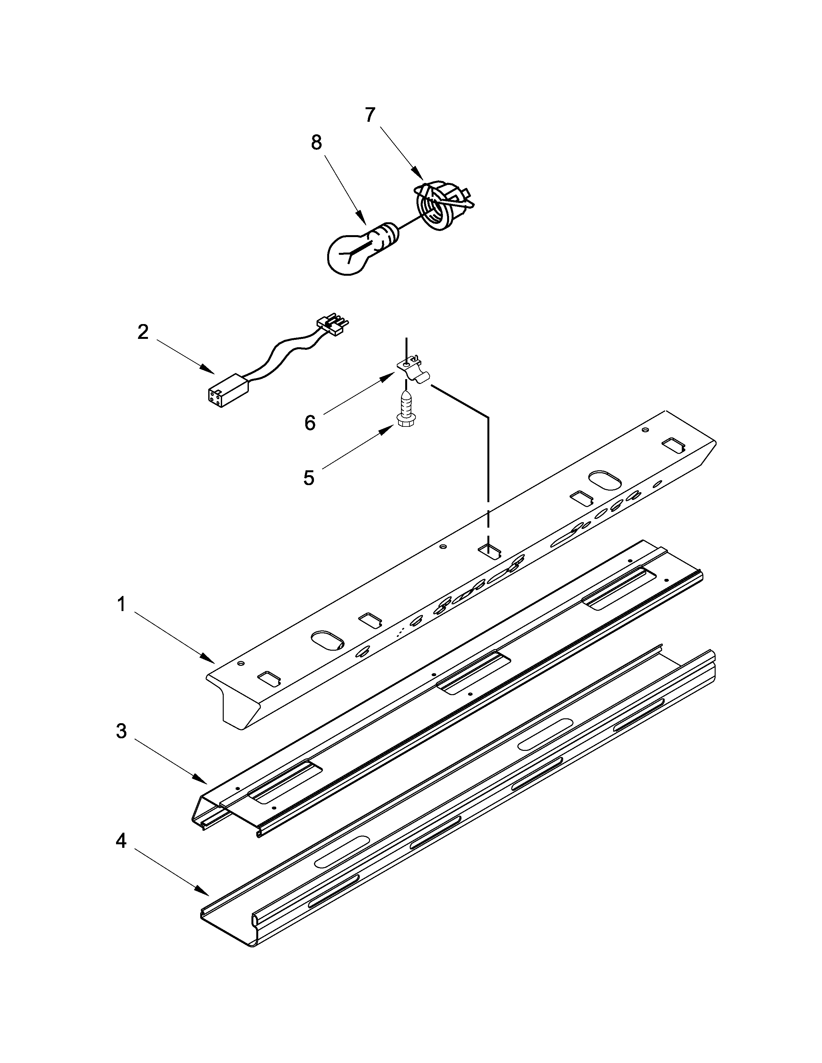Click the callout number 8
(x=317, y=143)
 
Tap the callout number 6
(x=310, y=423)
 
